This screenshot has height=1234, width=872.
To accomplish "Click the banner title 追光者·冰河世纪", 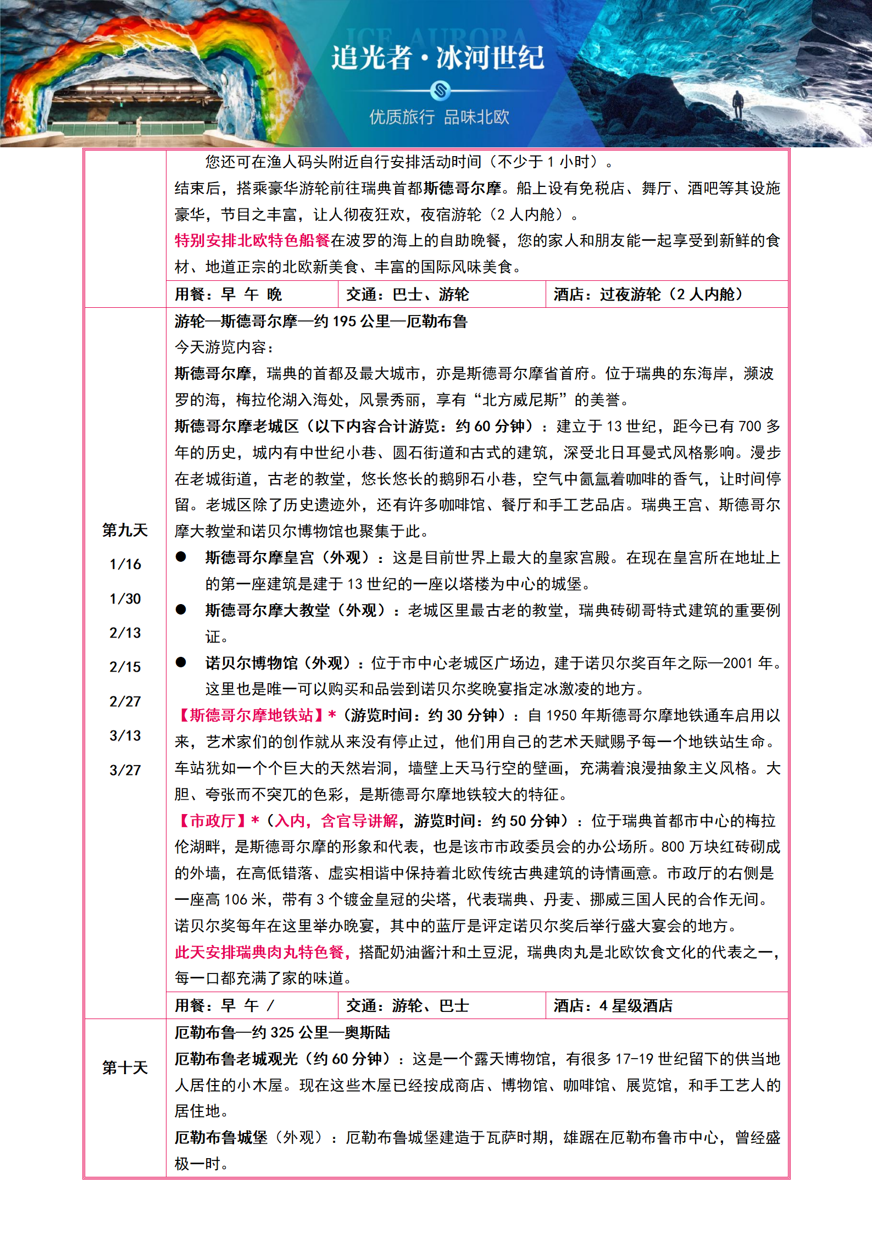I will tap(437, 57).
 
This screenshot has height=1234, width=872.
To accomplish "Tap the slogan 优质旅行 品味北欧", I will tap(439, 117).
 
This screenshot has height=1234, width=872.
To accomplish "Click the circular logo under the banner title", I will tap(440, 90).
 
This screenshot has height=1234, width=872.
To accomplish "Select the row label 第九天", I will tap(125, 530).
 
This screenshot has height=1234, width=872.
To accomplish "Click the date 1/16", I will tap(125, 565).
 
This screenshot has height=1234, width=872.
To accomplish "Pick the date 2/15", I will tap(125, 667).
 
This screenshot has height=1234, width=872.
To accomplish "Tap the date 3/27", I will tap(125, 770).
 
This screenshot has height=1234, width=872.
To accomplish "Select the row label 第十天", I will tap(125, 1068).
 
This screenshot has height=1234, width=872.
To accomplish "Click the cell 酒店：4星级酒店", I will tap(613, 1006).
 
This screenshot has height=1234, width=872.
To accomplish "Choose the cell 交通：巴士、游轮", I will tap(407, 295).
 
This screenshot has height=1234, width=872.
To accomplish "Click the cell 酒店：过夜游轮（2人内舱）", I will tap(648, 295).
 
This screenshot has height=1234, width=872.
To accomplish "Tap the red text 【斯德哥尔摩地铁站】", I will tap(250, 715).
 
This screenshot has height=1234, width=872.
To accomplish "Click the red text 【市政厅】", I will tap(212, 821).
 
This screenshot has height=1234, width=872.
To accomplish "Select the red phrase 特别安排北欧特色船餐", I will tap(252, 241).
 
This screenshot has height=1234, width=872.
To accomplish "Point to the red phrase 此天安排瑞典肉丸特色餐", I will tap(260, 952).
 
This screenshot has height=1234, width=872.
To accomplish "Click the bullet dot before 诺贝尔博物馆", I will tap(181, 662).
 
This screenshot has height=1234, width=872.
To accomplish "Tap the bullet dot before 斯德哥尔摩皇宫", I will tap(181, 557).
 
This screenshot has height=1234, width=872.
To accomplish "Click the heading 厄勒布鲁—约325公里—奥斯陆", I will tap(282, 1032).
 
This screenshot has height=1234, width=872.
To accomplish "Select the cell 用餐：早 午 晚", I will tap(228, 295).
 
